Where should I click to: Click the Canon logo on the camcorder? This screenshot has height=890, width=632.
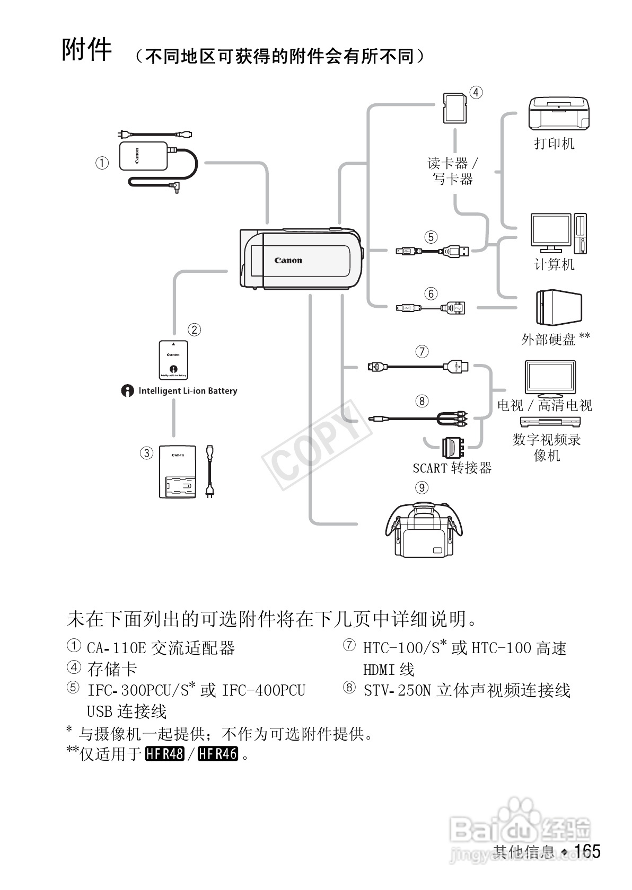(x=288, y=260)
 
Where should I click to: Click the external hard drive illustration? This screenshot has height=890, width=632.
(x=558, y=307)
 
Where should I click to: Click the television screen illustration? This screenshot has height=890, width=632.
(x=550, y=379)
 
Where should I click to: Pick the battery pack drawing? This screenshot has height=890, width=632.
(x=173, y=360)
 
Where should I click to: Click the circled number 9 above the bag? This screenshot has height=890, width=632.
(x=422, y=487)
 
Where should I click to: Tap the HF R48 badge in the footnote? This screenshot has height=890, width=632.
(x=164, y=753)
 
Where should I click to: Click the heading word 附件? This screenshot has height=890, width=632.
(x=87, y=50)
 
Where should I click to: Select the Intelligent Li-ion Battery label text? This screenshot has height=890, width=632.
(x=187, y=391)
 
